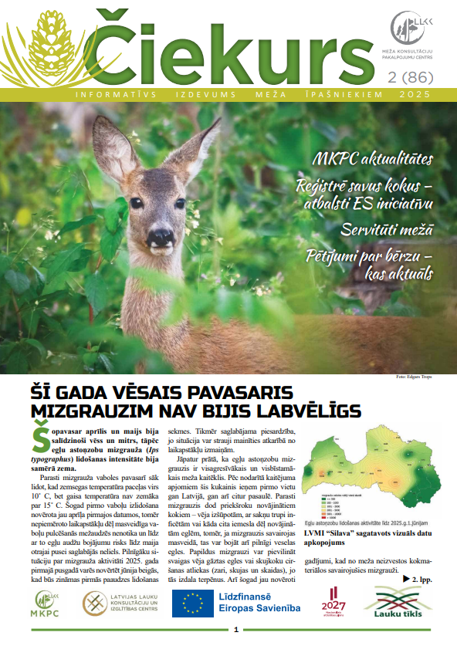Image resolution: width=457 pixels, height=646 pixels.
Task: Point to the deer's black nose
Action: click(161, 236)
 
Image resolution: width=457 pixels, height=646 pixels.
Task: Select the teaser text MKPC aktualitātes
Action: click(372, 161)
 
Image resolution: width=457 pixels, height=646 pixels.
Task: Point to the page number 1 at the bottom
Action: click(236, 630)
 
